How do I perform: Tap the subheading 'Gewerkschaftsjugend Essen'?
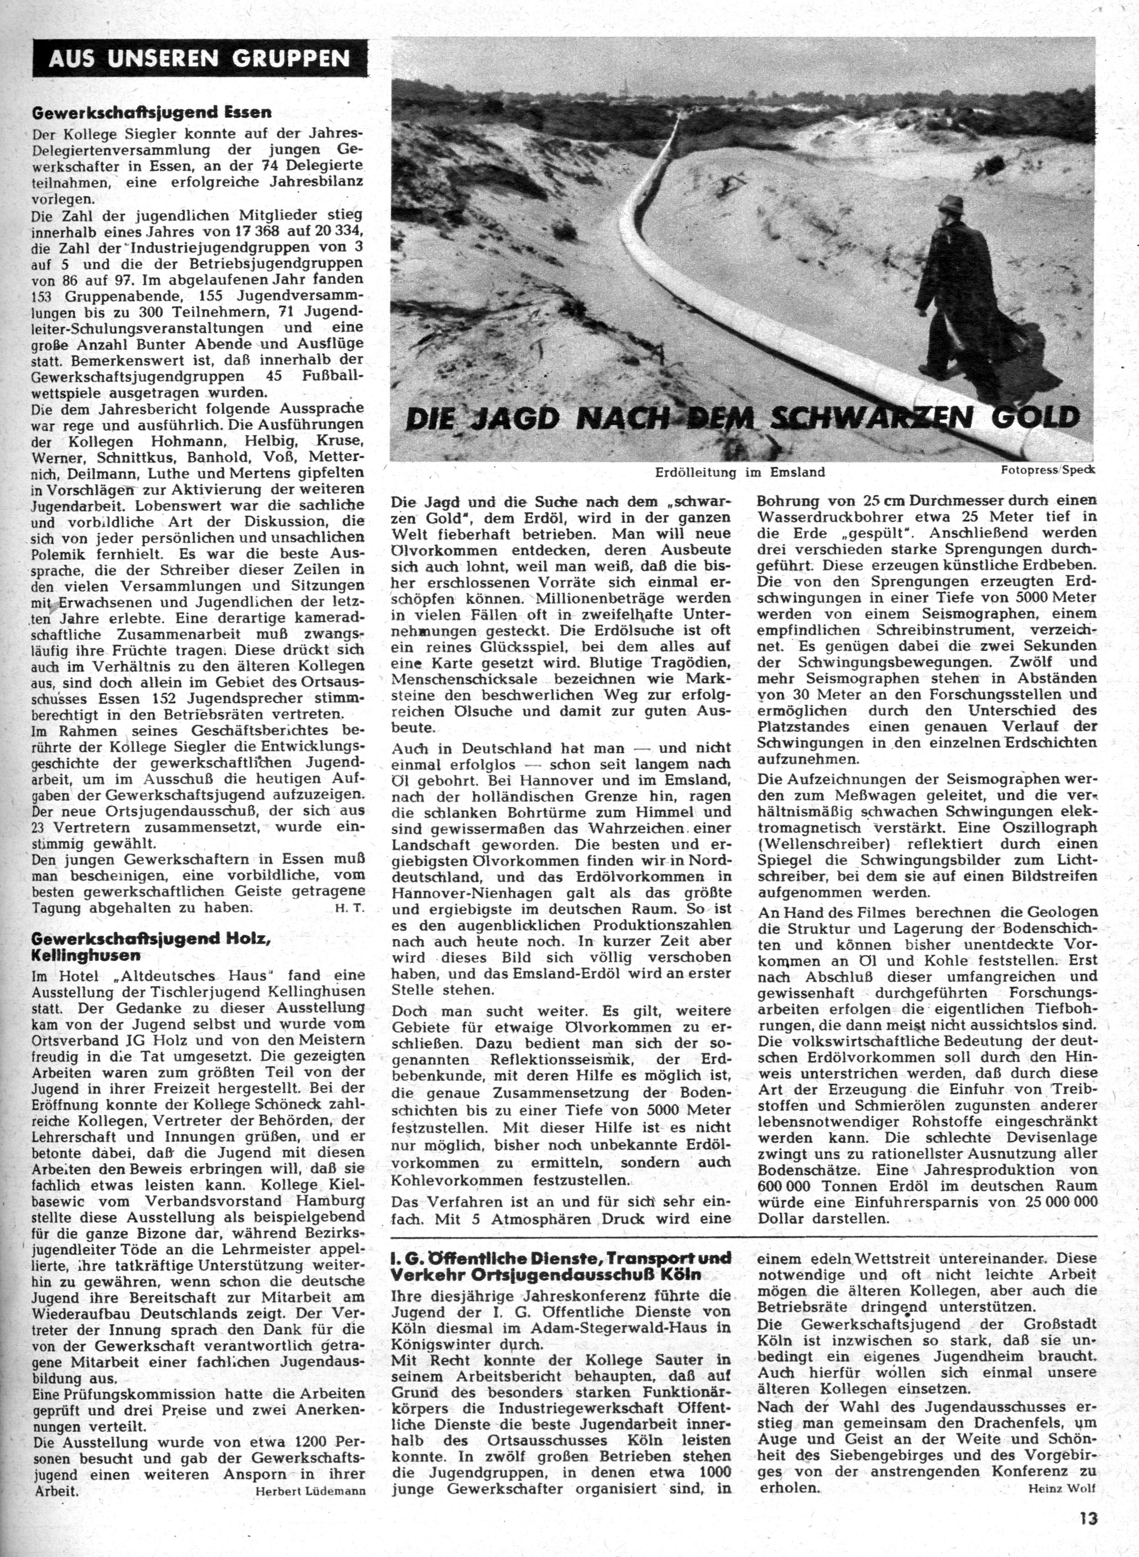point(152,112)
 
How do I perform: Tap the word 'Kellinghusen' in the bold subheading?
point(86,955)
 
